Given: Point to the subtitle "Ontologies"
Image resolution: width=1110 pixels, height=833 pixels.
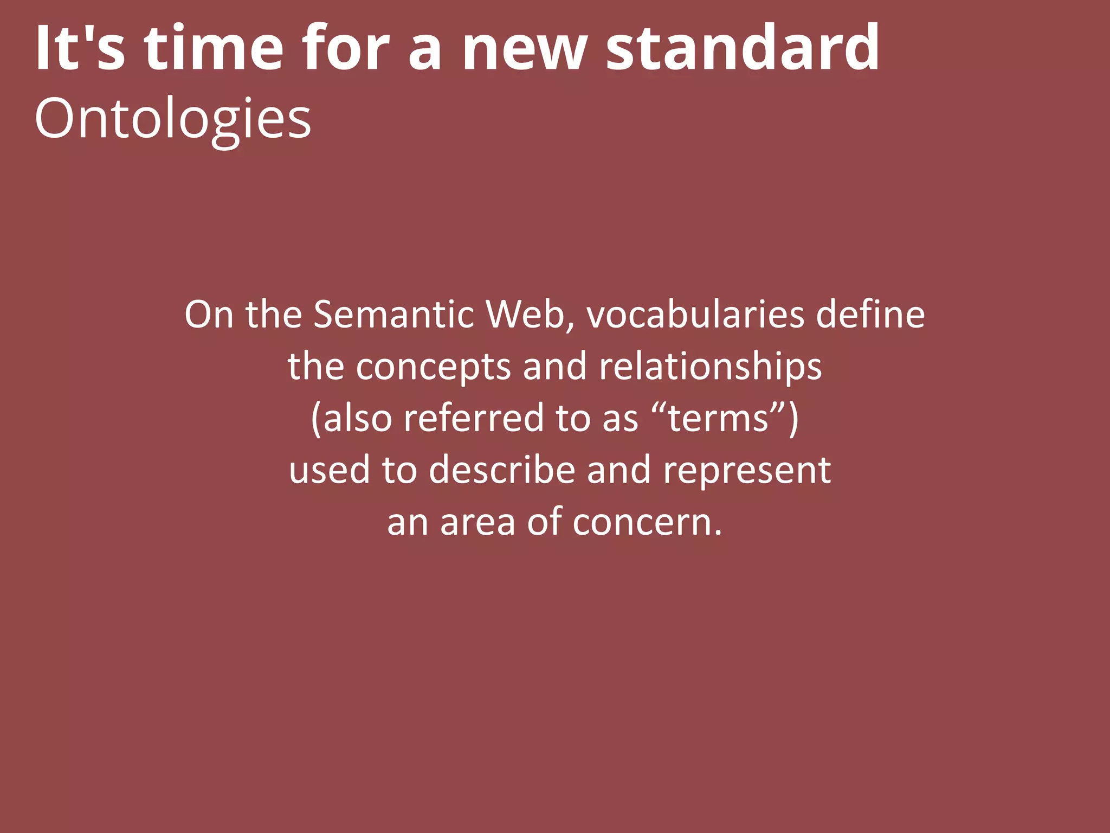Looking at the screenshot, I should tap(172, 119).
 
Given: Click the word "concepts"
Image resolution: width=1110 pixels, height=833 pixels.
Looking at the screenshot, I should tap(433, 367).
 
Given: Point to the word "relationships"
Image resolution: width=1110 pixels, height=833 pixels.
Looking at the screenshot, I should tap(710, 367).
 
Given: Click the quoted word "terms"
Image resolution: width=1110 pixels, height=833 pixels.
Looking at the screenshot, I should tap(719, 419).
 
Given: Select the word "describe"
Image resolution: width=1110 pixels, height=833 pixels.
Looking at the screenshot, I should tap(502, 470).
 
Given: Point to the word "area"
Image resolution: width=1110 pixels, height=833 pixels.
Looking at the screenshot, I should tap(477, 522).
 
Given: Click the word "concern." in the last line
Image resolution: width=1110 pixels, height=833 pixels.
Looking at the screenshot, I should tap(647, 522).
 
